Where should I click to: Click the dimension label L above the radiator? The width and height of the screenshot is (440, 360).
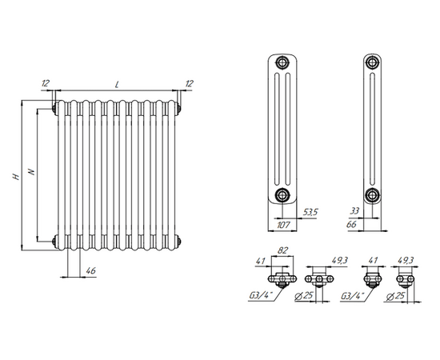pos(117,84)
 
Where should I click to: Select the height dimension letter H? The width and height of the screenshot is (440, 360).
pos(16,176)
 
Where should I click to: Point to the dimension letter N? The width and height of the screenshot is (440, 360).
pos(32,171)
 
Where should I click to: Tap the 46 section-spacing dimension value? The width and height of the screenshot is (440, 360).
pos(91,270)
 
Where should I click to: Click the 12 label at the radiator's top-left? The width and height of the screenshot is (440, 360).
pos(46,83)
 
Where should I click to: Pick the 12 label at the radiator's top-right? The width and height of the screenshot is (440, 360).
pos(190,83)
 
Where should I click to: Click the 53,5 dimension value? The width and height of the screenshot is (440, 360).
pos(310,212)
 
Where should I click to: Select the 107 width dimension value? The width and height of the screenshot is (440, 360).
pos(283,225)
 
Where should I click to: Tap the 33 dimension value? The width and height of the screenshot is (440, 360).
pos(354,210)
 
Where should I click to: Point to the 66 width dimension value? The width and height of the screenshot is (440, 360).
pos(352,224)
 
